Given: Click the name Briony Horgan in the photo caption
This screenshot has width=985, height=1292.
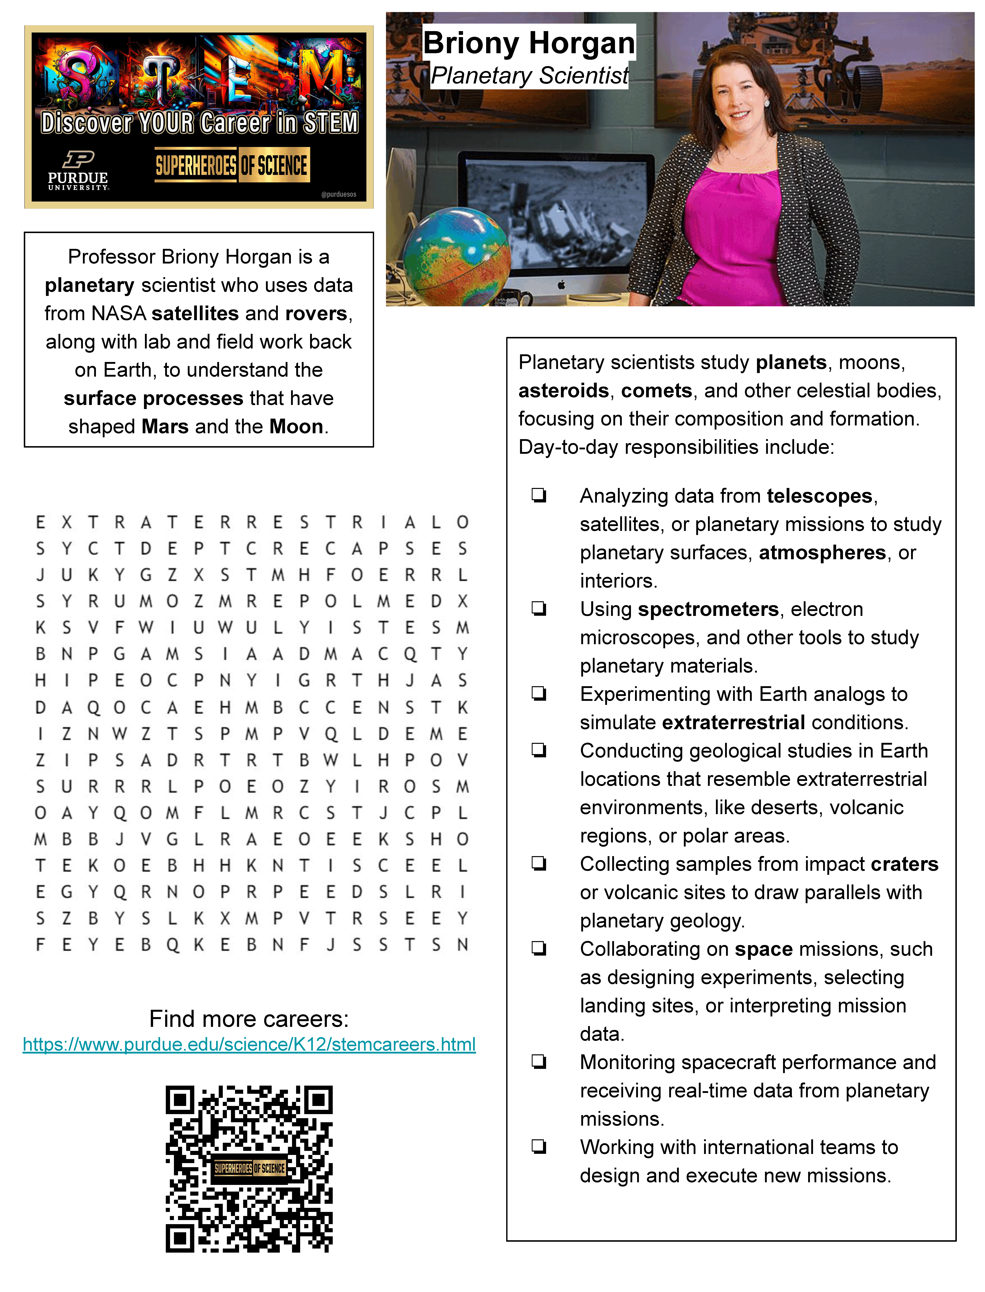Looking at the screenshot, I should pyautogui.click(x=529, y=43).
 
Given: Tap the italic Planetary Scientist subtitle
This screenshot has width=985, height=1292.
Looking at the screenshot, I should pyautogui.click(x=529, y=76).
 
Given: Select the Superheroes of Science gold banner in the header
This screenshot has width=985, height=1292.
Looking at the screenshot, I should pyautogui.click(x=232, y=165).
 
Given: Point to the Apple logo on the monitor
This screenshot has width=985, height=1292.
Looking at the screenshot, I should pyautogui.click(x=561, y=285).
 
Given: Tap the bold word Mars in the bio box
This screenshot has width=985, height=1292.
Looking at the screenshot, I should pyautogui.click(x=165, y=427).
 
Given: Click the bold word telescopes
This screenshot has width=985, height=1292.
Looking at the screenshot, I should pyautogui.click(x=819, y=496).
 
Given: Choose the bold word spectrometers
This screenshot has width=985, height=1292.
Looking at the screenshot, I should pyautogui.click(x=708, y=609).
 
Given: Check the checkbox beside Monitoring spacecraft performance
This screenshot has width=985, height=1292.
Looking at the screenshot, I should pyautogui.click(x=539, y=1062).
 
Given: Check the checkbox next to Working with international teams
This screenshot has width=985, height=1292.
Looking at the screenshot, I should pyautogui.click(x=539, y=1147).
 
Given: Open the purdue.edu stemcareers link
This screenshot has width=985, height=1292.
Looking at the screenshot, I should pyautogui.click(x=249, y=1045).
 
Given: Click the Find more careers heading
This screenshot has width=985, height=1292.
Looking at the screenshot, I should pyautogui.click(x=249, y=1019).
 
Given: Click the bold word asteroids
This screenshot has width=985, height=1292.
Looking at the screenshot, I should pyautogui.click(x=564, y=391).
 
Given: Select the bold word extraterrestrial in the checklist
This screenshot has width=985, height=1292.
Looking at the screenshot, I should pyautogui.click(x=733, y=722).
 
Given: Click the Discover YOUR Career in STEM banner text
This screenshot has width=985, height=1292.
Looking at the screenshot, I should pyautogui.click(x=199, y=123).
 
